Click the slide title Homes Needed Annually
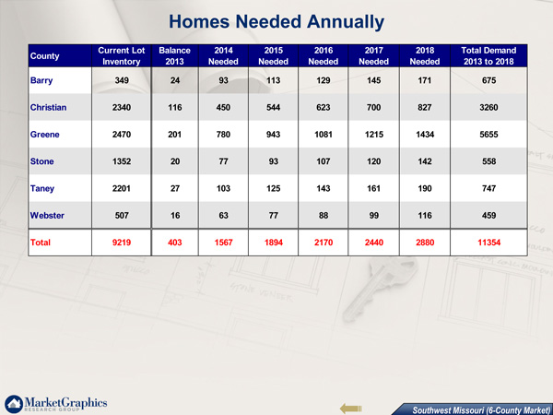pos(276,22)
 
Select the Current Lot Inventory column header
pos(122,55)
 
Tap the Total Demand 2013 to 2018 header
pos(488,55)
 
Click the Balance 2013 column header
pos(174,55)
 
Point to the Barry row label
pos(41,81)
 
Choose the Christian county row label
pos(48,107)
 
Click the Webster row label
pos(47,215)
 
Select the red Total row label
pos(41,243)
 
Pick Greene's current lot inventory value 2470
pos(122,135)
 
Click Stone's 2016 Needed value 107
pos(324,161)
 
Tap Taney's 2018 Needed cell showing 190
pos(425,188)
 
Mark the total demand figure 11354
pos(488,243)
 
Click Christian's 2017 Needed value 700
pos(374,107)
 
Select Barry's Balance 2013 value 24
pos(175,80)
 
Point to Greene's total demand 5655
pos(488,135)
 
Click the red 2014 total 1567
pos(224,243)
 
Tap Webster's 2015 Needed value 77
pos(274,215)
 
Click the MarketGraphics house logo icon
pos(14,404)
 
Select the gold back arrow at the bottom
pos(351,409)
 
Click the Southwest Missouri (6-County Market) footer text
pos(481,410)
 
